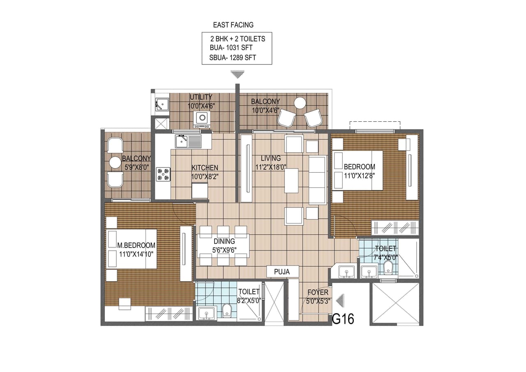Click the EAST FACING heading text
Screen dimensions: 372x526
(233, 25)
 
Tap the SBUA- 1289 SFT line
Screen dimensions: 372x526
(233, 58)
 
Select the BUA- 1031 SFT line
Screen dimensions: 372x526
(231, 48)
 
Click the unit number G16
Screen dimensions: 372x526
(343, 319)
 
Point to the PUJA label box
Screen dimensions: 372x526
(282, 272)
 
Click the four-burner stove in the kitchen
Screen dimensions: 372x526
(163, 174)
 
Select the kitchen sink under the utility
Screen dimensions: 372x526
(188, 141)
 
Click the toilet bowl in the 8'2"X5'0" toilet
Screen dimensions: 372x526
(226, 310)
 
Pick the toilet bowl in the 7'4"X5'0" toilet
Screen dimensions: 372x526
(388, 267)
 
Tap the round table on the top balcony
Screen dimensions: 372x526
(300, 102)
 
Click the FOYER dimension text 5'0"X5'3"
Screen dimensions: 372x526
(318, 300)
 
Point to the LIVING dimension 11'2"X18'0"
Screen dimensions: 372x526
(271, 166)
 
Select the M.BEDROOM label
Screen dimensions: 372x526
(136, 245)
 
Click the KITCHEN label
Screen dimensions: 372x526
(205, 168)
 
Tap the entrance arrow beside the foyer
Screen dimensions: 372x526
(340, 301)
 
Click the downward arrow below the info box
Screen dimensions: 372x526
(237, 74)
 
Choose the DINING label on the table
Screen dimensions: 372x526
(224, 242)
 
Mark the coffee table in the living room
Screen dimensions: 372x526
(291, 180)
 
